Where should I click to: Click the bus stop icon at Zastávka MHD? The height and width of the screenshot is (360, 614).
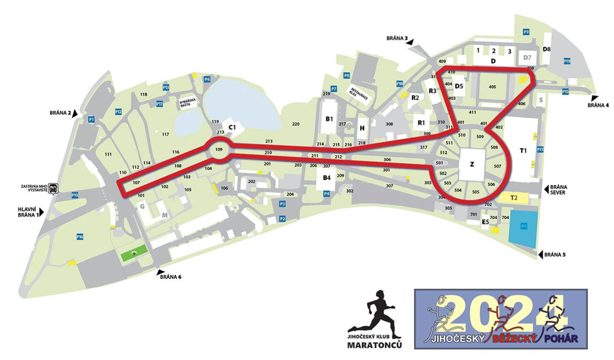click(54, 190)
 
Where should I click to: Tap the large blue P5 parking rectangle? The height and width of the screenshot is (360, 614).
click(523, 228)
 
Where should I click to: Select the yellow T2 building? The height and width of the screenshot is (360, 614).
click(513, 197)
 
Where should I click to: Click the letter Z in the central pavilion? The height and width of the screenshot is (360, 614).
click(472, 165)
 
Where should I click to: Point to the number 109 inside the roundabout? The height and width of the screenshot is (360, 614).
click(218, 150)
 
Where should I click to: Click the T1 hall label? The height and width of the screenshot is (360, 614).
click(523, 151)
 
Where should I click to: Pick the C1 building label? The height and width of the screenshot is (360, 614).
click(231, 127)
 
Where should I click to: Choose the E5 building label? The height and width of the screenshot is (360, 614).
click(485, 222)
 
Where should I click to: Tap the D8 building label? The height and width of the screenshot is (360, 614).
click(546, 49)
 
